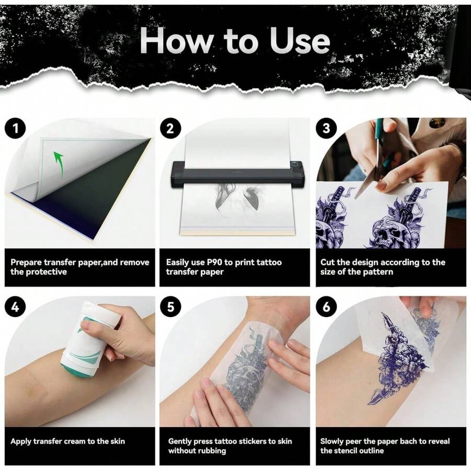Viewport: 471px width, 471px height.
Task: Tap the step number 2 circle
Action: click(x=170, y=128)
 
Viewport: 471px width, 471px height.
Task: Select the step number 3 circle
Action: click(x=326, y=128)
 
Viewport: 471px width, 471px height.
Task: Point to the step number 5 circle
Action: click(x=170, y=307)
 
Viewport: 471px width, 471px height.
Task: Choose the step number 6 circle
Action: click(x=326, y=307)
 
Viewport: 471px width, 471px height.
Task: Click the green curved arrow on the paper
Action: click(x=59, y=164)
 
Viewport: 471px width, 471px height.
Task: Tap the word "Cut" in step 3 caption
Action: click(x=328, y=262)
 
